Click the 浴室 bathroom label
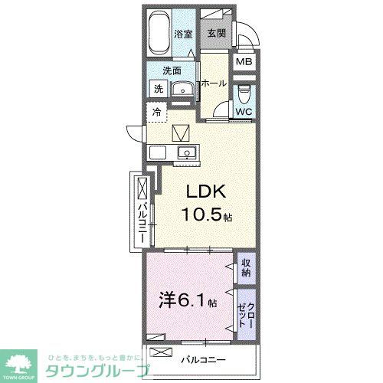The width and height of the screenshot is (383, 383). pos(182,34)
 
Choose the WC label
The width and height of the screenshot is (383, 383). pos(243,112)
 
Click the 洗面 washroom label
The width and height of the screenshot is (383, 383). pos(171,71)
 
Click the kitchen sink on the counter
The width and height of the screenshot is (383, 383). pos(185,153)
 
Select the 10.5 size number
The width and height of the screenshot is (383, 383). pos(201,215)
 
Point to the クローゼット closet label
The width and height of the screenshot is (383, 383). pos(246,313)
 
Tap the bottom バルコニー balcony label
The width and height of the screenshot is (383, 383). pos(203,358)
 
